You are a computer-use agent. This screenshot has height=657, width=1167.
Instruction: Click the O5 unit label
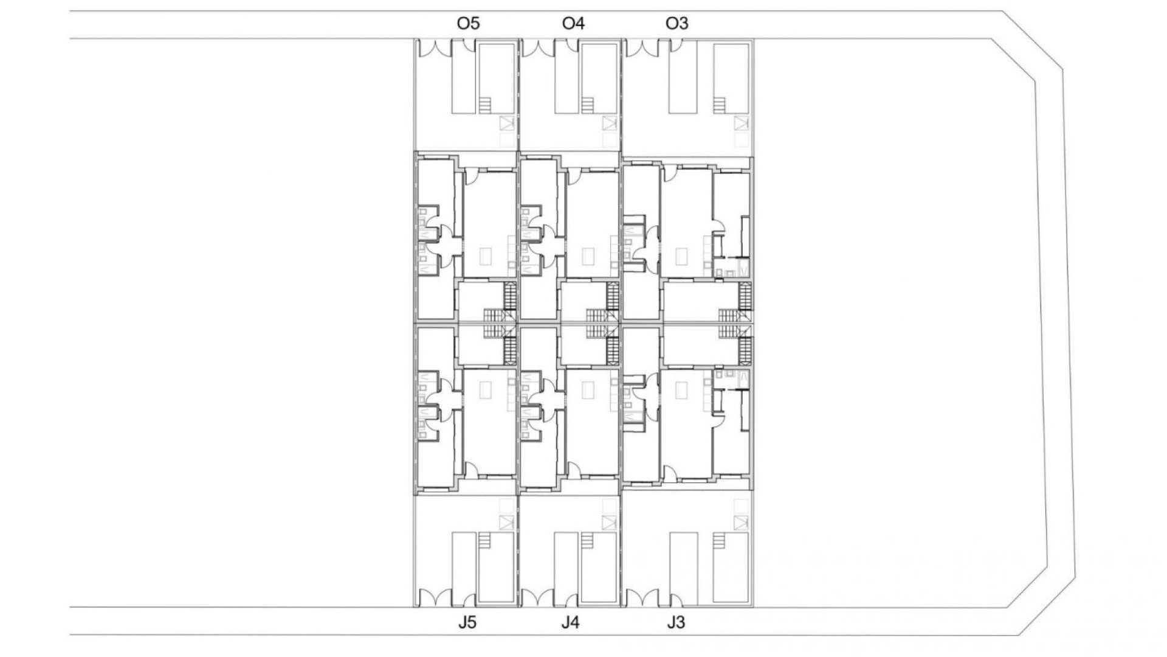coord(468,24)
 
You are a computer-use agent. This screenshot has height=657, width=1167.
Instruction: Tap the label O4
coord(573,24)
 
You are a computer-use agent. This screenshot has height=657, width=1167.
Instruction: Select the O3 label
coord(677,24)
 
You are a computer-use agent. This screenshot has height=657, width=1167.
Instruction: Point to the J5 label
coord(467,623)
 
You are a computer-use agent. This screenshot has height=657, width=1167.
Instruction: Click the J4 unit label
coord(570,623)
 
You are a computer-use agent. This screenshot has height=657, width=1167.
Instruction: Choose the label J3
coord(676,623)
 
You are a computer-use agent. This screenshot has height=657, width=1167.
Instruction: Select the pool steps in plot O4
coord(587,105)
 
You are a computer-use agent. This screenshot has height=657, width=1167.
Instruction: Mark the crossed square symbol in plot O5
coord(507,124)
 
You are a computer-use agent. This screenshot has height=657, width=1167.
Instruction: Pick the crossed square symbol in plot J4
coord(610,523)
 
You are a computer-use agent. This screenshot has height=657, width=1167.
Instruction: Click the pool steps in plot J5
coord(484,540)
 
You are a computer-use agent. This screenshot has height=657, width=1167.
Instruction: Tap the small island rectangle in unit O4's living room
coord(588,256)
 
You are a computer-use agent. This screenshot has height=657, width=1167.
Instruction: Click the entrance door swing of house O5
coord(470,176)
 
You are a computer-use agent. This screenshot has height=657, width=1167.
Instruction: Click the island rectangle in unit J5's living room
coord(484,389)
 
